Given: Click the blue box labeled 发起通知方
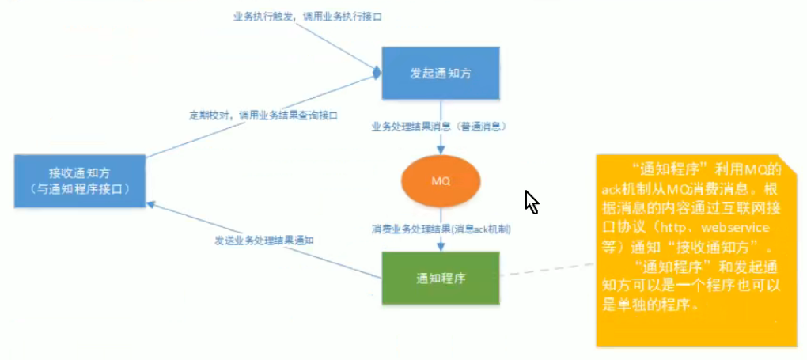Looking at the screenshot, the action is pyautogui.click(x=441, y=72).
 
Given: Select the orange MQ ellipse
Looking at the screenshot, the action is pyautogui.click(x=441, y=181).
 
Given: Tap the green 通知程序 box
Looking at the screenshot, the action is pyautogui.click(x=441, y=278).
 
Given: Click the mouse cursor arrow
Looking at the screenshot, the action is pyautogui.click(x=531, y=201).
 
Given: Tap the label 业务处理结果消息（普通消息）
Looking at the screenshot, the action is pyautogui.click(x=439, y=126).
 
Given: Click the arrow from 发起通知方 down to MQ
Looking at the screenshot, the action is pyautogui.click(x=441, y=141).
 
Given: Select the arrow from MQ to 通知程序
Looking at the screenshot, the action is pyautogui.click(x=441, y=241).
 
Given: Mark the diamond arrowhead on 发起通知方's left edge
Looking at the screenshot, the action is pyautogui.click(x=377, y=72).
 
